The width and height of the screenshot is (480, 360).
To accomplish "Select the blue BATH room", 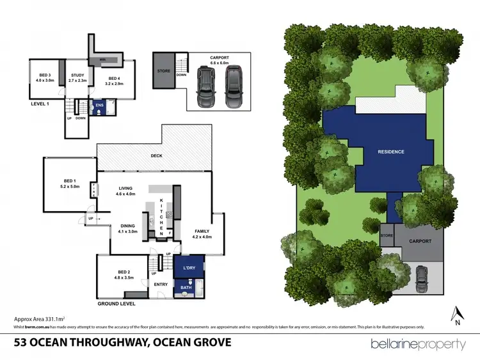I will (186, 288).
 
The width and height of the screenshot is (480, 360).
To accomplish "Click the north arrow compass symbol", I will (457, 315).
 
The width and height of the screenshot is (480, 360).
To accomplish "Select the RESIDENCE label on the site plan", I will (390, 152).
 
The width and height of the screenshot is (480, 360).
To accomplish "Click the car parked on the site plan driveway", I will (423, 276).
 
